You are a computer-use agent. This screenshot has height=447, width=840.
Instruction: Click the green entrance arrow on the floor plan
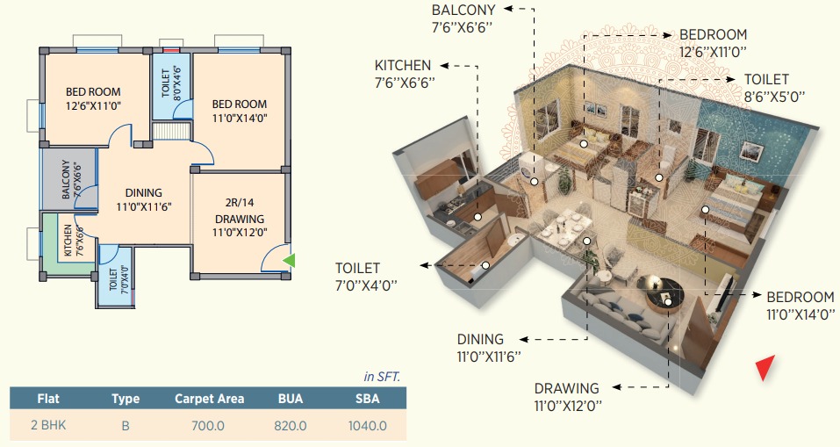(x=290, y=261)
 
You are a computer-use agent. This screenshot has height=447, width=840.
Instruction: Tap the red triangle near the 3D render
(x=765, y=367)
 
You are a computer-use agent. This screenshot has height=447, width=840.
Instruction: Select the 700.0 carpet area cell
(x=208, y=426)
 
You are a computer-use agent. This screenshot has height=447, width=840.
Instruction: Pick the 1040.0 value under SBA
(x=368, y=426)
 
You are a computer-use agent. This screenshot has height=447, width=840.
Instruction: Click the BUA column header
(x=291, y=399)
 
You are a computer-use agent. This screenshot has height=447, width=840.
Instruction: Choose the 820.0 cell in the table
(x=291, y=426)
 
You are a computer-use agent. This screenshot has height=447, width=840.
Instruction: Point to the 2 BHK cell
(x=48, y=426)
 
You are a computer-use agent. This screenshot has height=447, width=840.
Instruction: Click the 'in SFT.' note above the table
(x=382, y=377)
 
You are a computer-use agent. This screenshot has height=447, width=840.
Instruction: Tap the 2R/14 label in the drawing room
(x=240, y=203)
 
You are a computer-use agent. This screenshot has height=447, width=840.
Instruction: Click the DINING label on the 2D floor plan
(x=144, y=193)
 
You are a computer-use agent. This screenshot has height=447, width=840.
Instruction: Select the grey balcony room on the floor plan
(x=69, y=179)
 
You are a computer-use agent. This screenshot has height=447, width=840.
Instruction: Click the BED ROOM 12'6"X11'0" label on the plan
(x=93, y=98)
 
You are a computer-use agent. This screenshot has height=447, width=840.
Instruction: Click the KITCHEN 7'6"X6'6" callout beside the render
(x=405, y=74)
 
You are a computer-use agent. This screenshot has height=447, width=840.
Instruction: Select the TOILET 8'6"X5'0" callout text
(x=774, y=88)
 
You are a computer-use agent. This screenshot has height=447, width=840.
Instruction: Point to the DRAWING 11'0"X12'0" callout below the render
(x=568, y=397)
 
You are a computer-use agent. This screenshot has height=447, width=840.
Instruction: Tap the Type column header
(x=126, y=399)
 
